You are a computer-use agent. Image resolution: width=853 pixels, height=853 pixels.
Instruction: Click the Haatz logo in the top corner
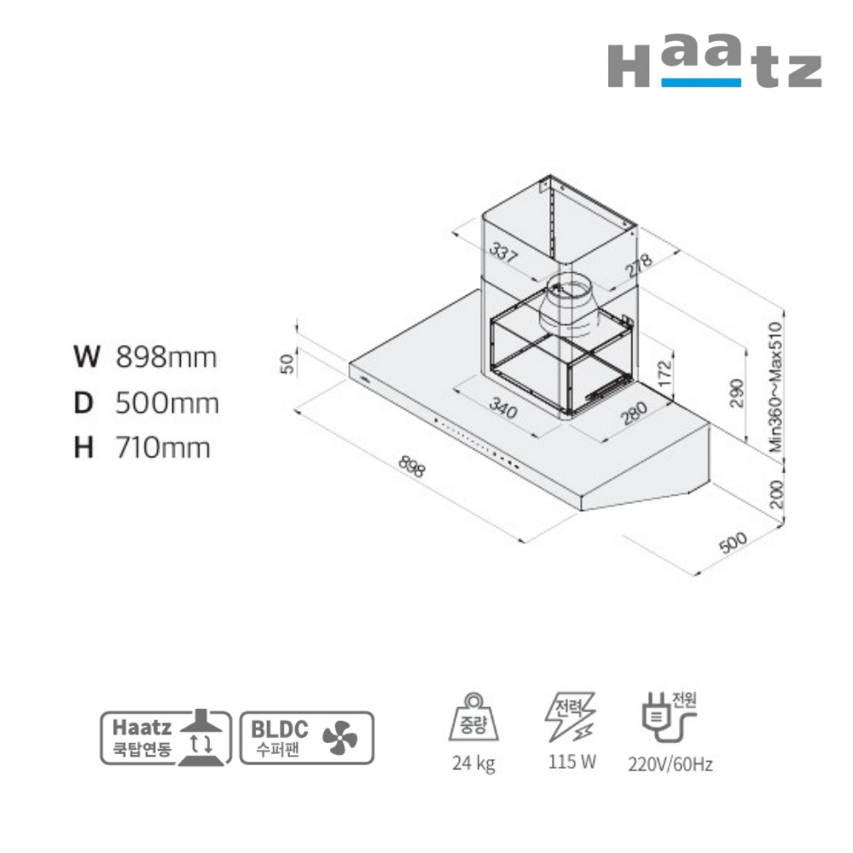(x=714, y=61)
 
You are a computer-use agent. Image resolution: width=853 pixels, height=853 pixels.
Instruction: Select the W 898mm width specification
(x=145, y=357)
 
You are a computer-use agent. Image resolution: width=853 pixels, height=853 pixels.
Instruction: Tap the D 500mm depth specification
(x=147, y=403)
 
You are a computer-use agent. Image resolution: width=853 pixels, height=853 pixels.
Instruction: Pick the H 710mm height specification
(x=142, y=449)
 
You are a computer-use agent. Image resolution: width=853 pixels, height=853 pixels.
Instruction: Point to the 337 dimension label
(x=504, y=252)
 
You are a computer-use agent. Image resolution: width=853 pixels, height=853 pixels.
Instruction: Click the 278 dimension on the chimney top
(x=638, y=265)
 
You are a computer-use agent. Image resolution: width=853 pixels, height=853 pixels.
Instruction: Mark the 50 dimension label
(x=287, y=363)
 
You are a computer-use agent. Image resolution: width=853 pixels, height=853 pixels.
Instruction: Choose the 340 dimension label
(x=503, y=408)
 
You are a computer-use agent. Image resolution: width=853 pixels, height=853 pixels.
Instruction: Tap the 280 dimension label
(x=635, y=414)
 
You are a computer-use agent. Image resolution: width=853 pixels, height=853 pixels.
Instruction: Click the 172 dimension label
(x=664, y=374)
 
